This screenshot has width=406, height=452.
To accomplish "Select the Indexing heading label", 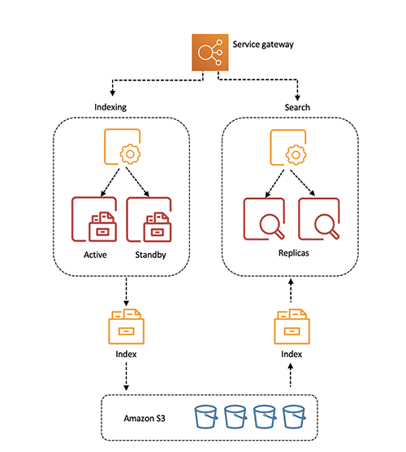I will tap(111, 107).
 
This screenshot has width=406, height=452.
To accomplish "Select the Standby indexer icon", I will tap(150, 220).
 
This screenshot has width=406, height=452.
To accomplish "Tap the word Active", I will tap(96, 255).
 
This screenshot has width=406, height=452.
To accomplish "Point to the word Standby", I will tap(151, 255).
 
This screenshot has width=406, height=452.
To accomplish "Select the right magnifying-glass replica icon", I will tap(318, 220).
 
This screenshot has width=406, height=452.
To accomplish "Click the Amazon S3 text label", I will tap(146, 417).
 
